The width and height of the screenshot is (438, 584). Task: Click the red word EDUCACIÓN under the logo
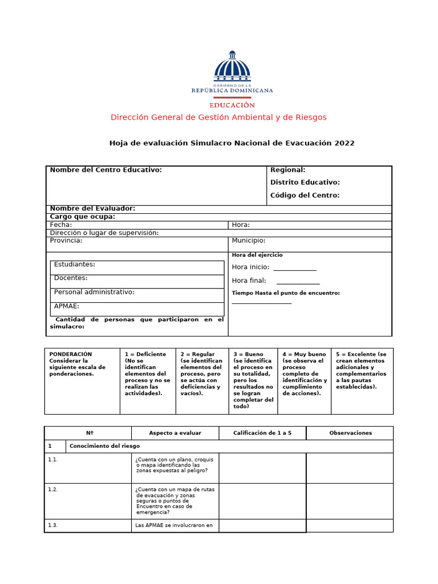[232, 105]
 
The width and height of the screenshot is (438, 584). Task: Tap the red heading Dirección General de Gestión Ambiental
[218, 117]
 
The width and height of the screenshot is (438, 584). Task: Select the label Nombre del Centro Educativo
[106, 170]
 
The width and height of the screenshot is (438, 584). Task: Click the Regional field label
[287, 170]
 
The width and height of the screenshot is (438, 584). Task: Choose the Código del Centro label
[305, 196]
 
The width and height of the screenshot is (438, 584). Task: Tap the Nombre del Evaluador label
[92, 209]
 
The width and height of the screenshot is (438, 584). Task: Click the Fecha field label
[61, 225]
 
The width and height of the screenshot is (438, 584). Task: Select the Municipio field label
[248, 241]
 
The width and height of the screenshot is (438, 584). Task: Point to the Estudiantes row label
[75, 265]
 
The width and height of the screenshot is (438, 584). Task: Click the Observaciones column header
[350, 433]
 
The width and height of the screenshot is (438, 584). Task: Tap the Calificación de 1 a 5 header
[262, 433]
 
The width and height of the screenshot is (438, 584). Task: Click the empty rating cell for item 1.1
[262, 468]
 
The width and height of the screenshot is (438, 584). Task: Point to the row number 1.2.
[53, 489]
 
